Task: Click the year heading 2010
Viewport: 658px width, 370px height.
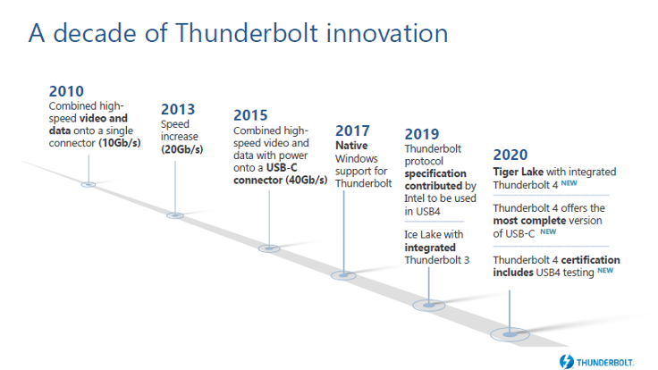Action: [x=66, y=91]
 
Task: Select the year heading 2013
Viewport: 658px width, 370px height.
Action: [x=178, y=110]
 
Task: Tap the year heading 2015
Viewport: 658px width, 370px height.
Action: [x=250, y=115]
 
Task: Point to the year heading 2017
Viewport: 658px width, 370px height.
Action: [x=352, y=130]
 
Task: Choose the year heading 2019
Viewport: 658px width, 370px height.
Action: [x=422, y=134]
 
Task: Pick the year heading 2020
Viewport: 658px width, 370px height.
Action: [x=510, y=155]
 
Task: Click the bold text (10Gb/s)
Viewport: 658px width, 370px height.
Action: [x=120, y=143]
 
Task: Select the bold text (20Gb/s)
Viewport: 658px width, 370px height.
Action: [x=182, y=149]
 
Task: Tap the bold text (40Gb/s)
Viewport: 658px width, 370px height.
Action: [x=307, y=181]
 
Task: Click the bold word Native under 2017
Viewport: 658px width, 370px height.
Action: [x=351, y=146]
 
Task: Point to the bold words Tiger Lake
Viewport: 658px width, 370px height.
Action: [x=519, y=172]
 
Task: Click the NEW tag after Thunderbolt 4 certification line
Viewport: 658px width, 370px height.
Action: [x=605, y=271]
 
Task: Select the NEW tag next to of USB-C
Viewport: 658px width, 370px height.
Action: [x=548, y=231]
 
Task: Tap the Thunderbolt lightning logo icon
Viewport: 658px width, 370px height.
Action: [x=566, y=361]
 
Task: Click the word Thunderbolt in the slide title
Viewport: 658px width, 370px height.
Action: [x=247, y=33]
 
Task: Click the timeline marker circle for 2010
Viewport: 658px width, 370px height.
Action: [x=89, y=184]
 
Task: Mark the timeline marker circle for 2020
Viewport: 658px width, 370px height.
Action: [x=510, y=334]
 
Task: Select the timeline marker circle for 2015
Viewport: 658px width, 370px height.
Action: [x=269, y=248]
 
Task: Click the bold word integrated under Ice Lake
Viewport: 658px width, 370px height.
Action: [x=430, y=248]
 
